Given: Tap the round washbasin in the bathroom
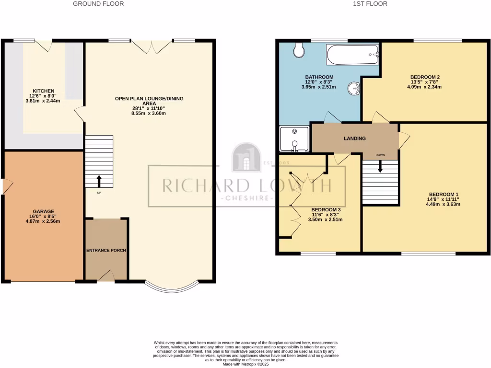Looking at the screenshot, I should click(x=354, y=88).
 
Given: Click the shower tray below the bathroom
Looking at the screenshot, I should click(x=294, y=138).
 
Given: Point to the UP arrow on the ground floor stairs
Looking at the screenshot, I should click(x=99, y=181).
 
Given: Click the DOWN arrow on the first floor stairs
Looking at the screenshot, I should click(x=380, y=166).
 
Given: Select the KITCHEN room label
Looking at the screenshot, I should click(x=43, y=91).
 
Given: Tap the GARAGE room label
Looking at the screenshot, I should click(x=43, y=211).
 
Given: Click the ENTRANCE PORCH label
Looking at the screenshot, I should click(x=105, y=251).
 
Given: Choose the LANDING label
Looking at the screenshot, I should click(x=355, y=138).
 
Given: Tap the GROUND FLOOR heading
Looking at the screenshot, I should click(x=98, y=4).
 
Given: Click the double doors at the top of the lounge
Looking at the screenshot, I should click(x=152, y=46).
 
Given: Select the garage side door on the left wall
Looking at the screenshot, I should click(x=4, y=186).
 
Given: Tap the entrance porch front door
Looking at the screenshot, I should click(x=105, y=277).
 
